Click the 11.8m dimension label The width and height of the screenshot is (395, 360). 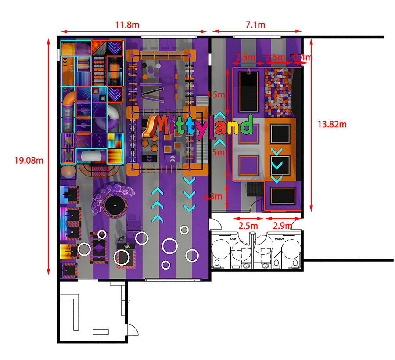[x=127, y=25]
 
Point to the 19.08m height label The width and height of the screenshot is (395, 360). [x=29, y=160]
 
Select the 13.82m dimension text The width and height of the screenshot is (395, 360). [x=332, y=124]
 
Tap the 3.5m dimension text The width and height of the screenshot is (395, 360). [x=215, y=94]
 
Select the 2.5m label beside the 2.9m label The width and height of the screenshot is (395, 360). [x=248, y=226]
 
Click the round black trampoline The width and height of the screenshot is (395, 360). [x=114, y=205]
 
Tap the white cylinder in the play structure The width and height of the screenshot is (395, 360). [x=92, y=155]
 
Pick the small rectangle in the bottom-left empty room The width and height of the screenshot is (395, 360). [x=101, y=331]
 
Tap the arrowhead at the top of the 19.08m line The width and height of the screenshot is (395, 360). [x=48, y=41]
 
